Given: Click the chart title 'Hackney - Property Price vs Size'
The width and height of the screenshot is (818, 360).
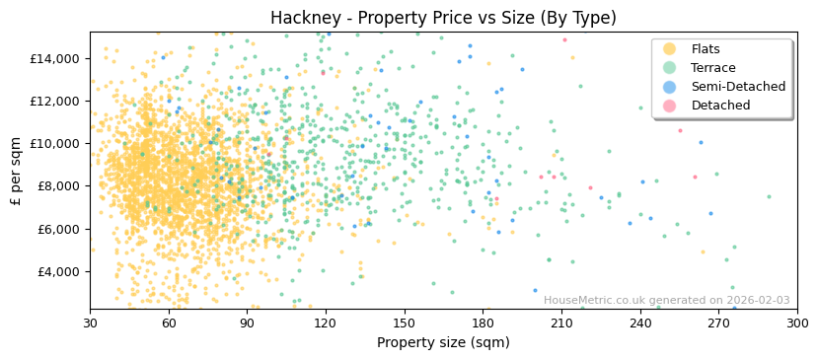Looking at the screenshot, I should (443, 18).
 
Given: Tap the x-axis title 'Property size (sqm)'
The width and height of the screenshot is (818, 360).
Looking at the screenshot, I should (443, 342).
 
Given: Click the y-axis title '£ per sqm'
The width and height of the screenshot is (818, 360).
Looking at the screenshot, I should (16, 171).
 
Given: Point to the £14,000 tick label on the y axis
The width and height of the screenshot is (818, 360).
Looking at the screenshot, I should (54, 58).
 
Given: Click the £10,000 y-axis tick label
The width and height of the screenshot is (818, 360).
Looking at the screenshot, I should (54, 143).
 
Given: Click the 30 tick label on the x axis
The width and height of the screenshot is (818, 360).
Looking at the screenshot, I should (91, 323).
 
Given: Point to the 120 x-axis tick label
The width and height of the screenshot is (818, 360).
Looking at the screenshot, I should (326, 323).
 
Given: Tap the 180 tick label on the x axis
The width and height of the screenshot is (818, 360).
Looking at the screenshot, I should (483, 323).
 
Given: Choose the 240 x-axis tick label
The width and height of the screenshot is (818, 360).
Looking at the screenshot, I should (639, 323).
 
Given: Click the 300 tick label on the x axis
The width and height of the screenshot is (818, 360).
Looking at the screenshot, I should (796, 323).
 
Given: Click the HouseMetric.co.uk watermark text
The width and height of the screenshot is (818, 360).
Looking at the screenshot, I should (666, 301).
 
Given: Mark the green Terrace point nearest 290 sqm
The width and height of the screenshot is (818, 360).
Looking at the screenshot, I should (770, 196).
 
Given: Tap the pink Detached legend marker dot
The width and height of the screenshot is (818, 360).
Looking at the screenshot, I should (669, 106).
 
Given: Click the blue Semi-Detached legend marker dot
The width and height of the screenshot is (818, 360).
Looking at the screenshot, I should (669, 87).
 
